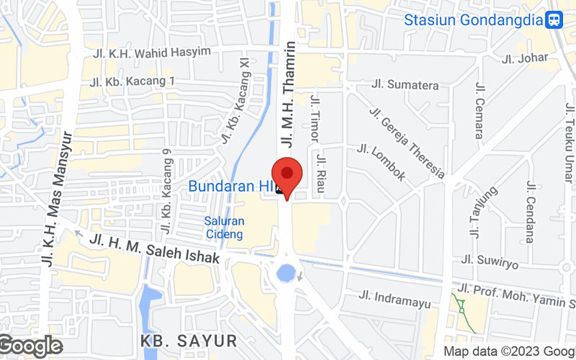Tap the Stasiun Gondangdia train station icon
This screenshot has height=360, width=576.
click(554, 19)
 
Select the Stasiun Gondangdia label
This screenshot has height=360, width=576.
click(473, 19)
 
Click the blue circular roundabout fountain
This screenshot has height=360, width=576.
click(286, 273)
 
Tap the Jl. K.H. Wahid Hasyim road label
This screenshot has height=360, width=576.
click(152, 52)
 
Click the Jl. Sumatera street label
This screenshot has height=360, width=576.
click(405, 85)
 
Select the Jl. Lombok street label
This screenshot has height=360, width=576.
click(382, 163)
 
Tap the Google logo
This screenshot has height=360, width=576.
click(30, 346)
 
